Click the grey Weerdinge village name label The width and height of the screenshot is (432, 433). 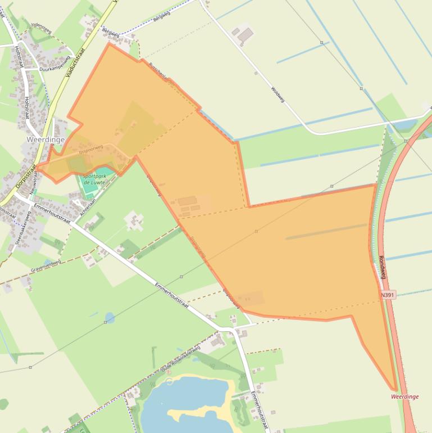click(x=46, y=139)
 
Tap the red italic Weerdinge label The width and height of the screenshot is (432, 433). click(x=404, y=396)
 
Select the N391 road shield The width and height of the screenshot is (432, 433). click(x=388, y=295)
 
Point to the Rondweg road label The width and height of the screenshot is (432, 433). click(x=383, y=268)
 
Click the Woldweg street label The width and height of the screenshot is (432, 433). click(x=278, y=94)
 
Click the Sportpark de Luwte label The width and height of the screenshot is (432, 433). click(x=94, y=179)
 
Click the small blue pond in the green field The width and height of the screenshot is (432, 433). click(x=110, y=318)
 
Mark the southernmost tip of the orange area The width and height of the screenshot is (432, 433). click(x=395, y=389)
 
